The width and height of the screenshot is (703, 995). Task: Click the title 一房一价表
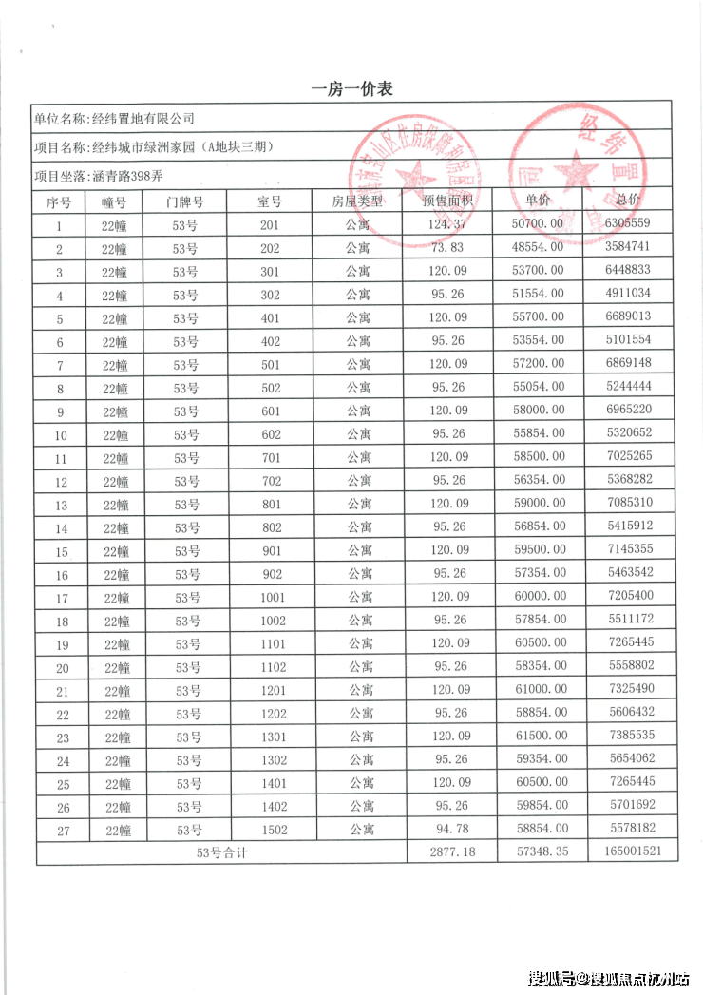click(x=352, y=89)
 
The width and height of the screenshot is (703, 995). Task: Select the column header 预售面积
click(x=449, y=201)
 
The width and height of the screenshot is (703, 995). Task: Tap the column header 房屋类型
click(x=357, y=201)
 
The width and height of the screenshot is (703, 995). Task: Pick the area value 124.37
click(x=449, y=224)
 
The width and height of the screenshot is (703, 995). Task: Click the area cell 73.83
click(x=449, y=248)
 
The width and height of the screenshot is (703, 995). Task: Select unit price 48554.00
click(x=539, y=248)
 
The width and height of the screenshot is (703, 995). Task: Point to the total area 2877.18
click(x=449, y=852)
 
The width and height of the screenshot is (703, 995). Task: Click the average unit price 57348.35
click(x=539, y=852)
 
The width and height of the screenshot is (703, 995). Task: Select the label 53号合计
click(x=221, y=852)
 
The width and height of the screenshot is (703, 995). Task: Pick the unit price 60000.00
click(x=539, y=598)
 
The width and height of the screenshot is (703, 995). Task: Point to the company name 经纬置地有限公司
click(x=141, y=119)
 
